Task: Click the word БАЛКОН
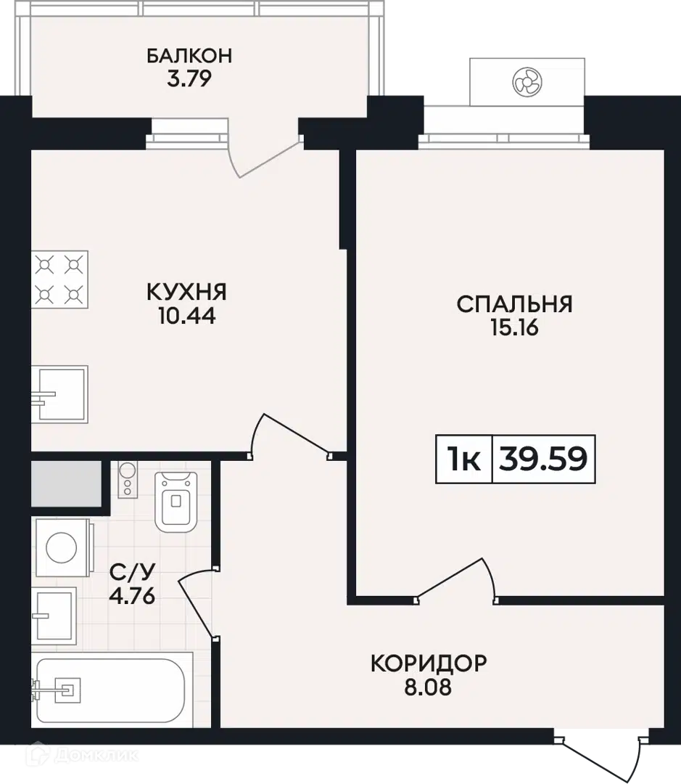tap(189, 55)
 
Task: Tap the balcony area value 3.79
tap(189, 78)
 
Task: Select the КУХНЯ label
tap(187, 292)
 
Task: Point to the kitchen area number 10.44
tap(187, 316)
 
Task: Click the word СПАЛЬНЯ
tap(515, 304)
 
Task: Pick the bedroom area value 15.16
tap(515, 328)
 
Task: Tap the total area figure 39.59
tap(543, 459)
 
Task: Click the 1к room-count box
tap(464, 459)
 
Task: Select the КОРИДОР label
tap(429, 663)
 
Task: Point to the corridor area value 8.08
tap(428, 687)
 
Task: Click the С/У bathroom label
tap(133, 571)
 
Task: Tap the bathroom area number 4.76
tap(133, 596)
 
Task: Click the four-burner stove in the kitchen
tap(60, 279)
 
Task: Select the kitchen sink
tap(60, 394)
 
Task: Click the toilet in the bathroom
tap(176, 502)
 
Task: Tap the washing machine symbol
tap(62, 548)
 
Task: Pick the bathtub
tap(112, 690)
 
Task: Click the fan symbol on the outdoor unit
tap(527, 82)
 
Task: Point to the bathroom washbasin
tap(54, 616)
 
